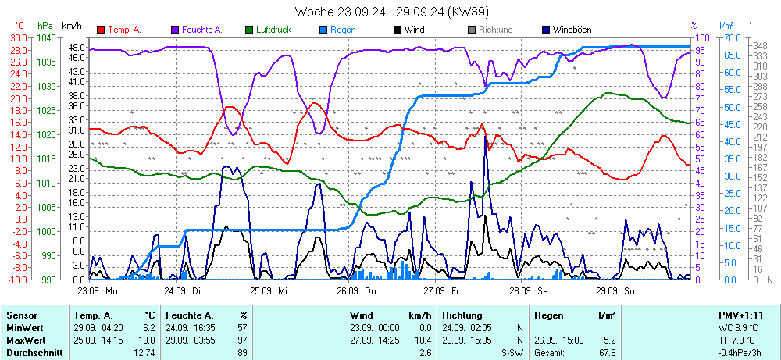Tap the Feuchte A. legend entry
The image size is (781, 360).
click(x=201, y=30)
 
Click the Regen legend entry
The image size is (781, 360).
click(x=343, y=30)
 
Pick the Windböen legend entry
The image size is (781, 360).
click(x=571, y=30)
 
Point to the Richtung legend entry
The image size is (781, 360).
click(x=495, y=30)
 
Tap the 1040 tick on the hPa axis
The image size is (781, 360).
click(x=47, y=37)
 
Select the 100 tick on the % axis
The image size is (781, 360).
click(x=702, y=37)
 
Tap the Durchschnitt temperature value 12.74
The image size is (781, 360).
click(x=144, y=353)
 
